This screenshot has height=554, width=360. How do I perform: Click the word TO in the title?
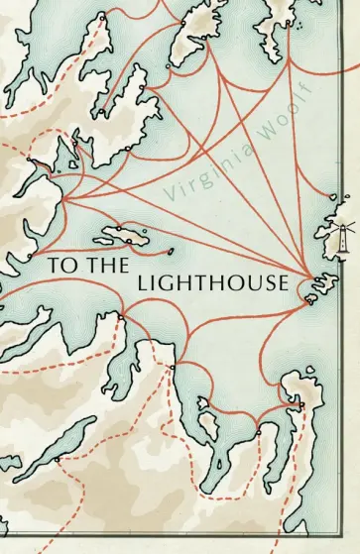[56, 267]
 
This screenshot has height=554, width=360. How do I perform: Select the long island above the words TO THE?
[120, 233]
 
